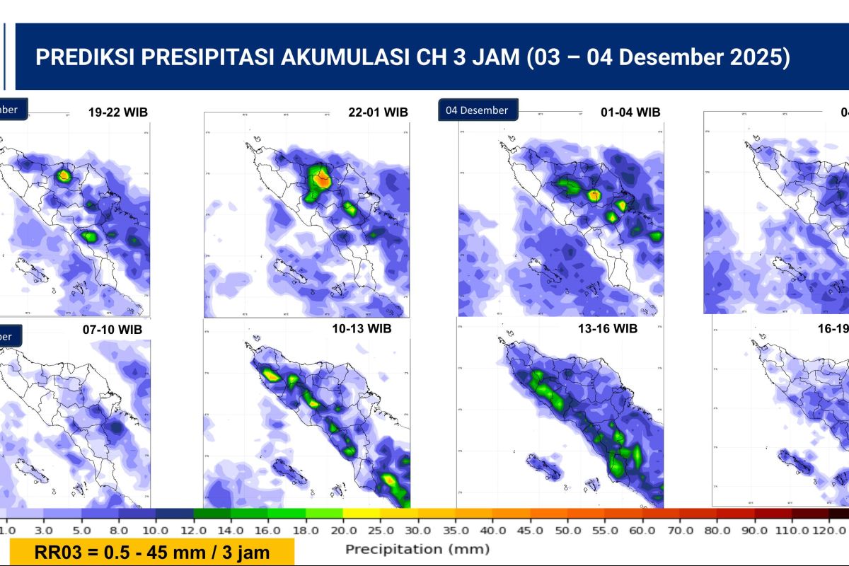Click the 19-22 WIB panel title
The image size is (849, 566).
pos(118,112)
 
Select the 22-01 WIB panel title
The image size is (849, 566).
pos(378,112)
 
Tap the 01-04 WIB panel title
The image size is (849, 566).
pos(630,112)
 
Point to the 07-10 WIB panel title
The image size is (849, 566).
pos(112,330)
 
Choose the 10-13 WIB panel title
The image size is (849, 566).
pos(362,328)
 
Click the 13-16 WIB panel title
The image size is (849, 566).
pos(608,328)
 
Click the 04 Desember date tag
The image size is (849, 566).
pos(478,110)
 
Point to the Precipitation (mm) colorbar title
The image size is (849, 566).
pos(417,549)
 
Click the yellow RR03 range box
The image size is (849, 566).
pos(152,552)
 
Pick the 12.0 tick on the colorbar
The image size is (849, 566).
pos(193,529)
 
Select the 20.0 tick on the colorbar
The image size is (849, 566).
pos(342,529)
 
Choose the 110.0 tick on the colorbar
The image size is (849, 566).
pos(790,529)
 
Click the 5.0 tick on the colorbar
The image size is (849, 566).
pos(81,529)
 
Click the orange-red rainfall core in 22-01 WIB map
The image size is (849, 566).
pos(323,179)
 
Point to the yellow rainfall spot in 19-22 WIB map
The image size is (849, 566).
pos(64,174)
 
